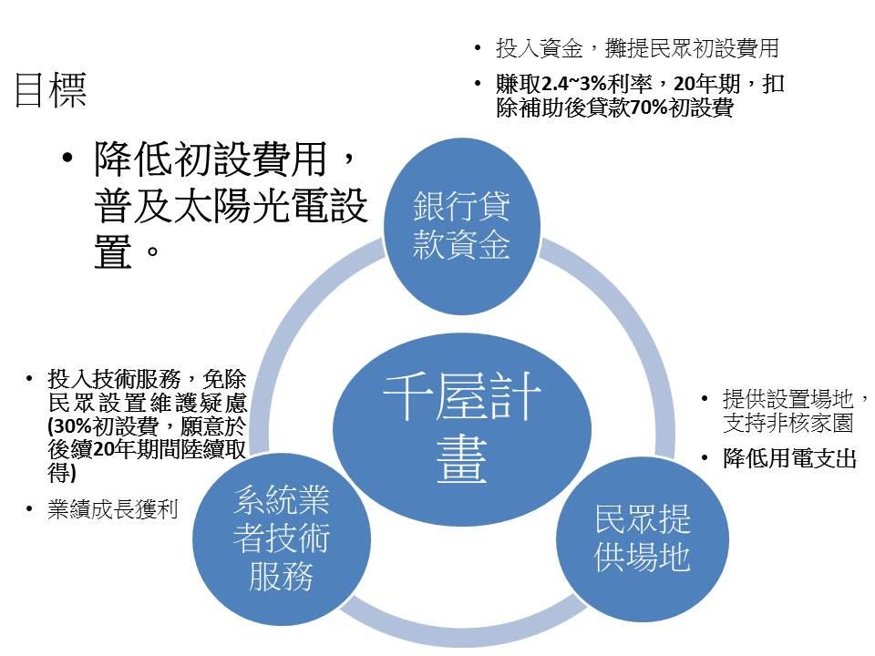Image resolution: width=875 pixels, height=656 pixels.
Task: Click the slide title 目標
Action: point(50,89)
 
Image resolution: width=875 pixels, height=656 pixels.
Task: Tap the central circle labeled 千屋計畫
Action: point(462,429)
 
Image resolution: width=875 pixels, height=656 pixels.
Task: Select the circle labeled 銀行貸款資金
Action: point(462,226)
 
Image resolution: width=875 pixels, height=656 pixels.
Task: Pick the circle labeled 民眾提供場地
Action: point(643,538)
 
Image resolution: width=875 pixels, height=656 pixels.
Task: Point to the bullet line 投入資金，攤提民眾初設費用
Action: point(637,48)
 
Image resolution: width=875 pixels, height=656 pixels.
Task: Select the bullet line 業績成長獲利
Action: point(113,508)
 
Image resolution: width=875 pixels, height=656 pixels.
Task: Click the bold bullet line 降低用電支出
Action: point(789,458)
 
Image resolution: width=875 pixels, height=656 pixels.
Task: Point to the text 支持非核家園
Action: point(787,424)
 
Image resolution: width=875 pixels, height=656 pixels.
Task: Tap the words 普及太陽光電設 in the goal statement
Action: point(231,205)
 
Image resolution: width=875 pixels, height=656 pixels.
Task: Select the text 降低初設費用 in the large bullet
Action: point(211,159)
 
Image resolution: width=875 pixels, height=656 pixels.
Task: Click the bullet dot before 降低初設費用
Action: point(67,159)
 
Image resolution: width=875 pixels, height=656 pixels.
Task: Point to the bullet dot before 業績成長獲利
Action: point(29,509)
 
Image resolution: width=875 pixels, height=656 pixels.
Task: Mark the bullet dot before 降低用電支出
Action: point(705,459)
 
